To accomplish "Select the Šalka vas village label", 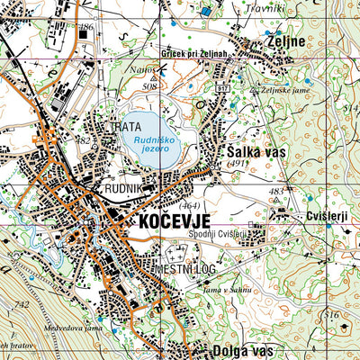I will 256,152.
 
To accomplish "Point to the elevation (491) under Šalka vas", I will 237,165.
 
